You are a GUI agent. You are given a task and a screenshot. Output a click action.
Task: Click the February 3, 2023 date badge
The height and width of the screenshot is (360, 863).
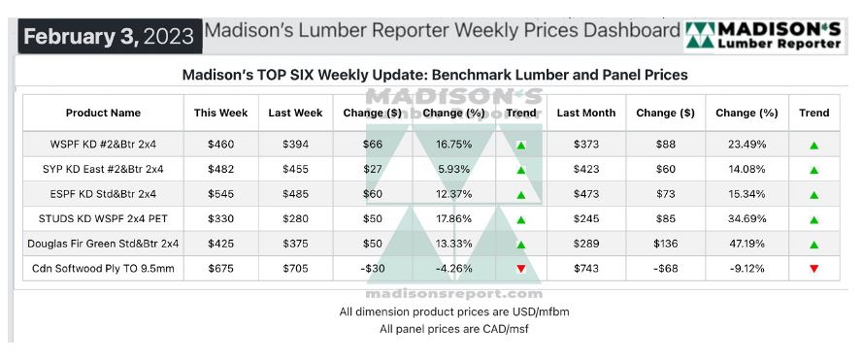pos(110,36)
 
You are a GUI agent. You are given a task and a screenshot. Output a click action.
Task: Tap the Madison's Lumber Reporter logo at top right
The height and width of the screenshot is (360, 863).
pos(765,36)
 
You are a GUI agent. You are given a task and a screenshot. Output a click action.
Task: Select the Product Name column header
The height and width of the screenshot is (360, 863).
pos(103,113)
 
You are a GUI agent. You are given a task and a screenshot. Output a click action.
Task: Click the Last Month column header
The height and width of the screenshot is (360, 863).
pos(585,113)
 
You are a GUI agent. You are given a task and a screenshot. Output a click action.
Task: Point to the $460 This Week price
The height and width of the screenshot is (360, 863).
pos(220,145)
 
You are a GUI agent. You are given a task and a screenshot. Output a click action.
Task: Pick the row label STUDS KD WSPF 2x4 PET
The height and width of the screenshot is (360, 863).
pos(103,219)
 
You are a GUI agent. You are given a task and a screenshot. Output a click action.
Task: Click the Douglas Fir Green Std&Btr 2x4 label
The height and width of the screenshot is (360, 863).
pos(103,244)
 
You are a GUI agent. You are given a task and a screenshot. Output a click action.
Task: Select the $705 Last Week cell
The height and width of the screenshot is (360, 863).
pos(295,269)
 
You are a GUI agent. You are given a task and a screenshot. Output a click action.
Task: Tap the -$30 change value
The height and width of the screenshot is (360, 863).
pos(373,269)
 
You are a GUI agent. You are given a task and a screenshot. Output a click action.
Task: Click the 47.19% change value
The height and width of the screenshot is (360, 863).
pos(747,244)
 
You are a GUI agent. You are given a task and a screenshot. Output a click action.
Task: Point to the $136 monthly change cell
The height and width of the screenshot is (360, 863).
pos(665,244)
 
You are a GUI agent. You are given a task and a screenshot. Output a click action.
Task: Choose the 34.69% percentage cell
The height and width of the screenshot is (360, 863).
pos(747,219)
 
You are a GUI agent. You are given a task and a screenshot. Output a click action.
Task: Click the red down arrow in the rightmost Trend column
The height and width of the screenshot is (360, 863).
pos(814,269)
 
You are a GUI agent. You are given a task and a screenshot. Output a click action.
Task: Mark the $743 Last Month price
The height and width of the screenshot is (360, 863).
pos(585,269)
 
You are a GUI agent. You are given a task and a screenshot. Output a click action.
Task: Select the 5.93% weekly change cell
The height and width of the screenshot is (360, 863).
pos(454,170)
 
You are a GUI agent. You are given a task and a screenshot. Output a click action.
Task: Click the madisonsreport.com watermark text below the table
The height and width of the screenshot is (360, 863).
pos(454,293)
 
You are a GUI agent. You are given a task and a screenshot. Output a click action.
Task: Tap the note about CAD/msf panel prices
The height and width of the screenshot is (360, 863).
pos(454,329)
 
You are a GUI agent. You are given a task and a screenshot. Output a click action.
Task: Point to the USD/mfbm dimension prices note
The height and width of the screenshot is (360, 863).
pos(454,311)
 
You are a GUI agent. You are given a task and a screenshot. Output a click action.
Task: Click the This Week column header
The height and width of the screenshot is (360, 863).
pos(220,113)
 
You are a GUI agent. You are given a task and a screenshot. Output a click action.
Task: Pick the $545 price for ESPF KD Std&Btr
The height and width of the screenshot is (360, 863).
pos(220,194)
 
